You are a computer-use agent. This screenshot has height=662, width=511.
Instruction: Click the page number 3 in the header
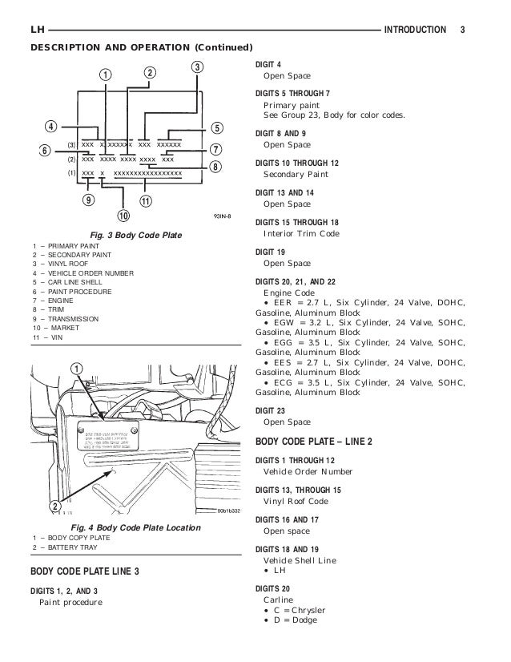463,30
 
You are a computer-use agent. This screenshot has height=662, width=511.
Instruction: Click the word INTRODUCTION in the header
415,30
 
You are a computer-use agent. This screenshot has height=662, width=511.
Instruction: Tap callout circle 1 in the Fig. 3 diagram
105,75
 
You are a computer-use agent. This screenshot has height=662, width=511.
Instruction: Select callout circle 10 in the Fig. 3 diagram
123,215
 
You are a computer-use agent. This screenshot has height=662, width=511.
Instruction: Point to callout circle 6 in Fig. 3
46,150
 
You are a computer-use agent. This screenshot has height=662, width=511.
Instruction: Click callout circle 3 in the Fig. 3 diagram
197,66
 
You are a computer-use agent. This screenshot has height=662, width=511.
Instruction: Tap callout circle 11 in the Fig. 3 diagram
146,200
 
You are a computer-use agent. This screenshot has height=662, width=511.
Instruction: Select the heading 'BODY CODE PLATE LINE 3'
89,572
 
